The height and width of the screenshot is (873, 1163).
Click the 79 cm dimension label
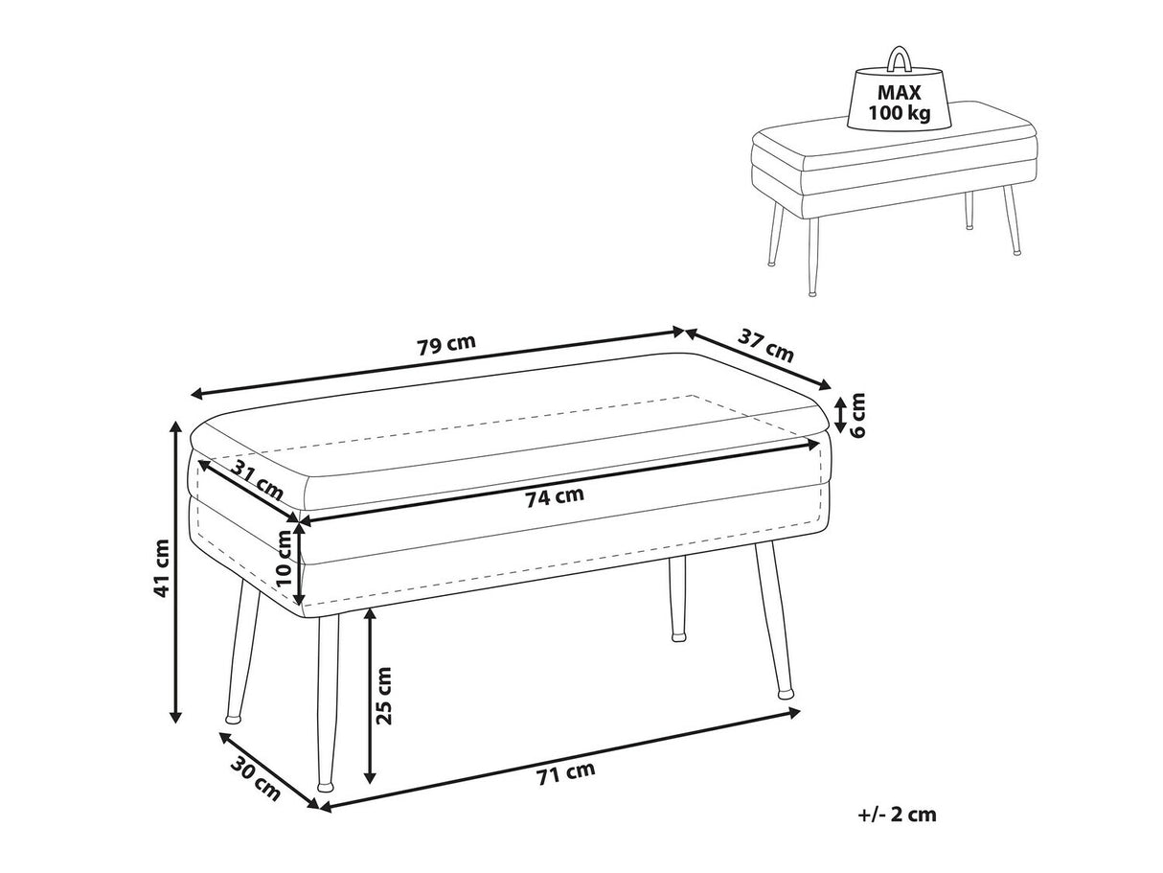pos(446,346)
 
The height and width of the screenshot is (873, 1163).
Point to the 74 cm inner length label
pos(555,495)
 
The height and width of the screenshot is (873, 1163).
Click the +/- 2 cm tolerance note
pos(898,816)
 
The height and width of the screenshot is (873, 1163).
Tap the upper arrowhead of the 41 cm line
pos(175,425)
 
